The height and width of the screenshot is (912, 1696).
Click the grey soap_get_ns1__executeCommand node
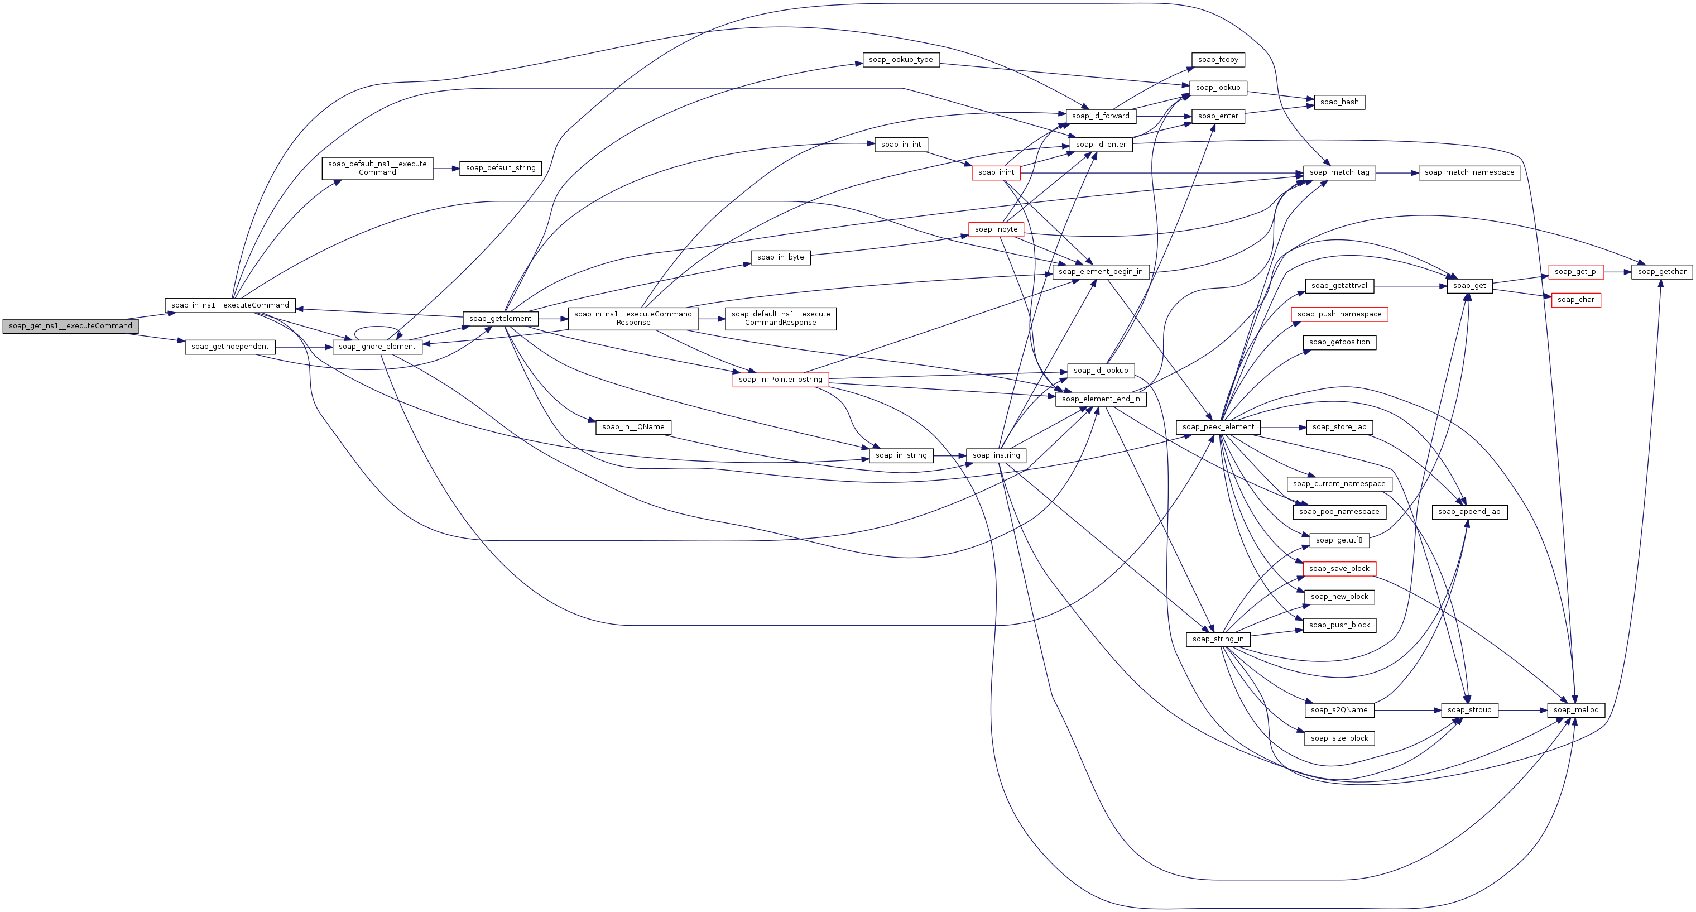70,326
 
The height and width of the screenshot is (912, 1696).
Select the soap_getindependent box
230,347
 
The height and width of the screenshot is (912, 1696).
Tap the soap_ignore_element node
377,347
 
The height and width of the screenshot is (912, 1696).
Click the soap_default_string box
501,168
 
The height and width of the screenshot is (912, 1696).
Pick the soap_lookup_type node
901,59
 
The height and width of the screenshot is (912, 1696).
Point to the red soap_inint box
996,172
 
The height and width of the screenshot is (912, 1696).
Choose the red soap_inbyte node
996,229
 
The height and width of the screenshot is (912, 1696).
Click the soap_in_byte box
780,257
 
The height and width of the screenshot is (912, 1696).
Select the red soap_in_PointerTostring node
780,380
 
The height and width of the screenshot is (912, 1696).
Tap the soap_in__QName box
633,428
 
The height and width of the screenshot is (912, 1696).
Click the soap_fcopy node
1218,59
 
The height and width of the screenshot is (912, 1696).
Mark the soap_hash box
1339,102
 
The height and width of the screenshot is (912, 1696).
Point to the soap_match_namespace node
1469,172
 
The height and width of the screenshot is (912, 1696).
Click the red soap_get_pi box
1575,272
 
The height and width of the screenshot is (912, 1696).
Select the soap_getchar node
1662,272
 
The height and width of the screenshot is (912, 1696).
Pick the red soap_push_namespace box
1339,314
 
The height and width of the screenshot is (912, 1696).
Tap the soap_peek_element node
1218,428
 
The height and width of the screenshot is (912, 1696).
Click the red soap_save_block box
1339,568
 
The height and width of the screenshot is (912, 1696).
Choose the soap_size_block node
1339,738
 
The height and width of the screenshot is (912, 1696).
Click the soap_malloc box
1575,710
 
